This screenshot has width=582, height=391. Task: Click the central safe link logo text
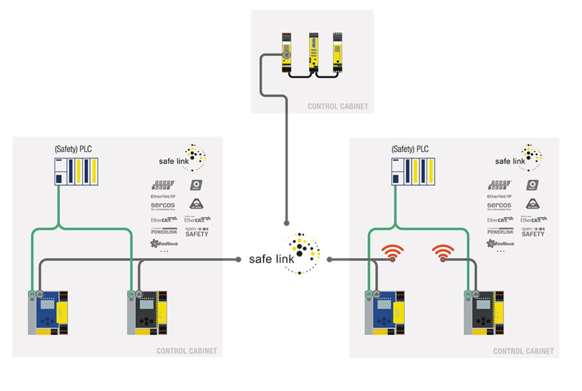[272, 259]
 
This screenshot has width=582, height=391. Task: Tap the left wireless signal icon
[392, 253]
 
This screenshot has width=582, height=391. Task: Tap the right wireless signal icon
[443, 253]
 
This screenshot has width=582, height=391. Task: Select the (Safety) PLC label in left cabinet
[73, 149]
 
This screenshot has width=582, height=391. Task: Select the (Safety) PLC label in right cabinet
[410, 149]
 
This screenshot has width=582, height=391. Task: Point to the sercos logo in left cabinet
[163, 206]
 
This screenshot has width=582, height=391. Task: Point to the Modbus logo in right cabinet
[500, 243]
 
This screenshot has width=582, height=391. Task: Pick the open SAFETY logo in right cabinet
[533, 231]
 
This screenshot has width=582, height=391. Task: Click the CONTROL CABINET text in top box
[337, 106]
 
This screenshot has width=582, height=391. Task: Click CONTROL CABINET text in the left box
[186, 351]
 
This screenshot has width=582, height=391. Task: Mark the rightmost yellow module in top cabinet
[338, 52]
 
